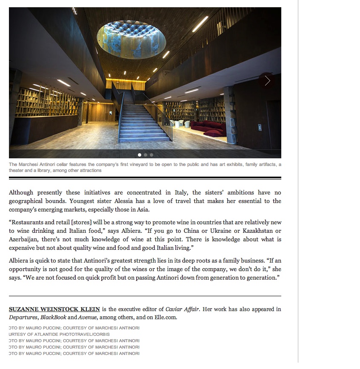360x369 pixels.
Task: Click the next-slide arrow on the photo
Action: tap(267, 81)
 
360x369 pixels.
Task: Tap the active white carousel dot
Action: tap(140, 155)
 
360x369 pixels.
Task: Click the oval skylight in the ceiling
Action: tap(131, 39)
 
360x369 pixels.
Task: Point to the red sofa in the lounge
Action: tap(209, 127)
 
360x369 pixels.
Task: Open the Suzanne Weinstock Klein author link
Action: tap(54, 309)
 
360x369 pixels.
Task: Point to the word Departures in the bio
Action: tap(23, 318)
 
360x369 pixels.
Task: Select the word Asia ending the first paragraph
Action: tap(143, 209)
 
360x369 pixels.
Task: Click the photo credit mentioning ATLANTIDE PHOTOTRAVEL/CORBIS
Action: tap(59, 334)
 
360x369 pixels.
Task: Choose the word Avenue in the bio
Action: tap(88, 318)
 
